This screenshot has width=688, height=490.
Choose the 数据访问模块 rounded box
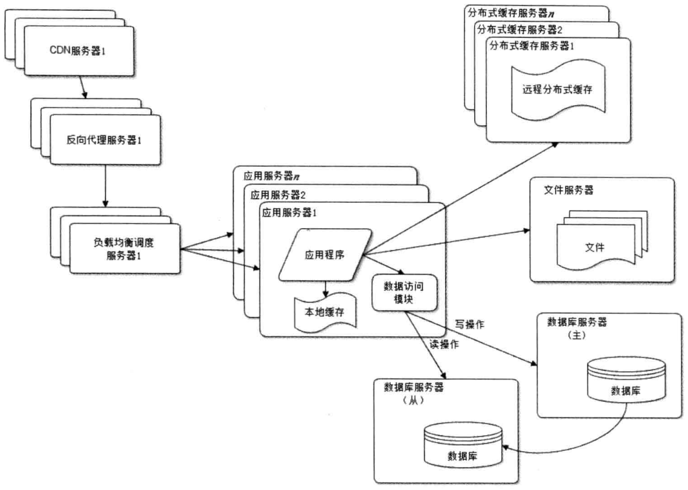coord(395,292)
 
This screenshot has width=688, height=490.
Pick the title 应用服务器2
coord(278,195)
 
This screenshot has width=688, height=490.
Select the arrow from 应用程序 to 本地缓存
coord(326,289)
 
